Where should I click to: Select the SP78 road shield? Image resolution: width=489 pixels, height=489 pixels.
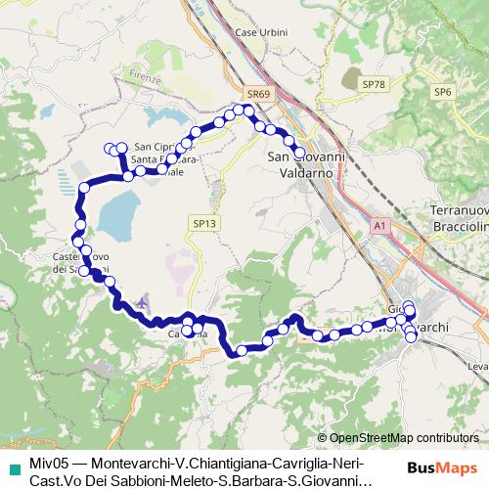(x=373, y=85)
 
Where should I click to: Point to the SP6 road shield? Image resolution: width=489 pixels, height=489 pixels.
(x=445, y=91)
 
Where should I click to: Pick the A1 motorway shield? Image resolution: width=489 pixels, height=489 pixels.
(x=379, y=226)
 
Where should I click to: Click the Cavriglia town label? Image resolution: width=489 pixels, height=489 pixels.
(x=187, y=334)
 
